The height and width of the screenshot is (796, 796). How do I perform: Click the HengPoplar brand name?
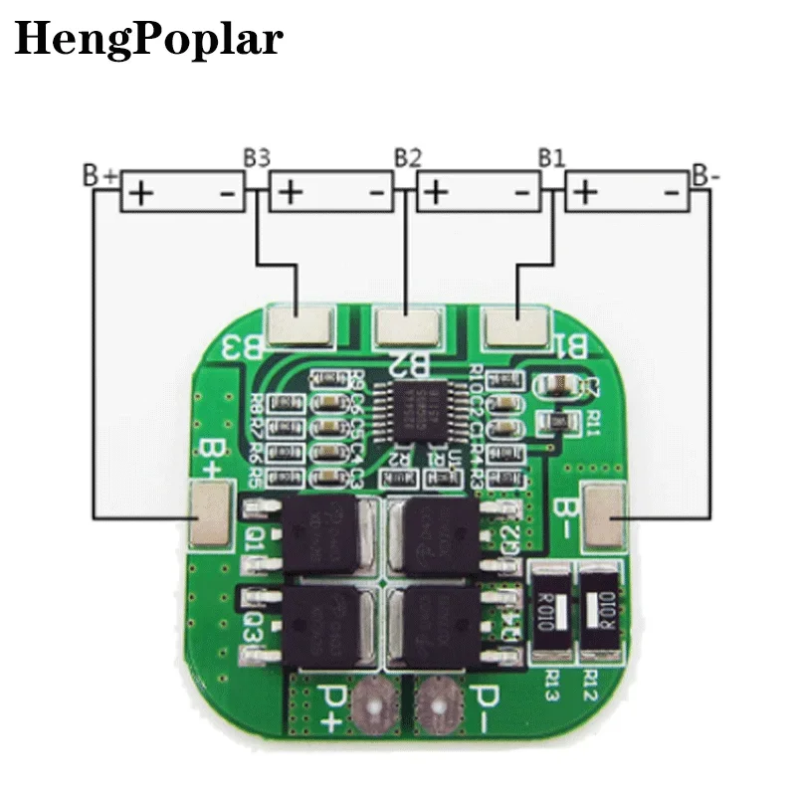[148, 39]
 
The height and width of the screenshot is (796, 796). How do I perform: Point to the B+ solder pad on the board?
[211, 514]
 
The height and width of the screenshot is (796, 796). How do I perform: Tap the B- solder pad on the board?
[605, 514]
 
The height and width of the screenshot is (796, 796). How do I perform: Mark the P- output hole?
[433, 704]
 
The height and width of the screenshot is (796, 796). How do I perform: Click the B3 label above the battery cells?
[257, 157]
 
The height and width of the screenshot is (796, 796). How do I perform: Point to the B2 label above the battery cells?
[407, 157]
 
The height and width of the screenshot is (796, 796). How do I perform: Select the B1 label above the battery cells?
[551, 157]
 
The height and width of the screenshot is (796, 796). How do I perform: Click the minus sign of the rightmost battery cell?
[673, 190]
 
